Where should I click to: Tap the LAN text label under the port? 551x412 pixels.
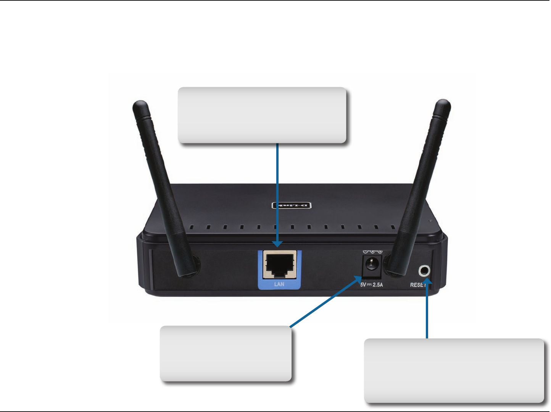[279, 284]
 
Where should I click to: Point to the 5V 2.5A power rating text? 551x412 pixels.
[371, 285]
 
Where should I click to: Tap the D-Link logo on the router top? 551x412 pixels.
[291, 205]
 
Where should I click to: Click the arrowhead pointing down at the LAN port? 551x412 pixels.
[277, 244]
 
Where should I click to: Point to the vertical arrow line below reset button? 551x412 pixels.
[427, 313]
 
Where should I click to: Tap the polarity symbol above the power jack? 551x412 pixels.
[372, 252]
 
